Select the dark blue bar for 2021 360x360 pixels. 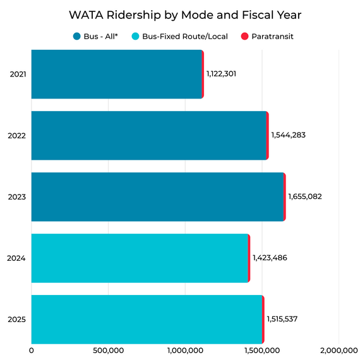[x=116, y=75]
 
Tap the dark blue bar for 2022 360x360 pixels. [x=148, y=136]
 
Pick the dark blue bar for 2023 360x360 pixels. [x=157, y=196]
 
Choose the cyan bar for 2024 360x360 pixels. [x=139, y=258]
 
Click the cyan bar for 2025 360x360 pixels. [x=146, y=319]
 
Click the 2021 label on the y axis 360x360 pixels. [x=18, y=75]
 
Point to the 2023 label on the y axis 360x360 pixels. [x=18, y=197]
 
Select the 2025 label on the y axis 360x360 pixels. [x=18, y=320]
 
